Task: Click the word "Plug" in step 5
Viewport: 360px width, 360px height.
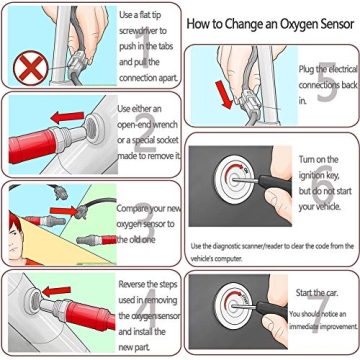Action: pos(310,66)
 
